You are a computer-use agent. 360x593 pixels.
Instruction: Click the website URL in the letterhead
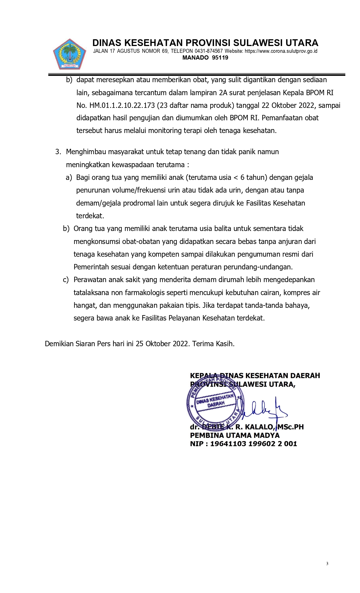(x=281, y=51)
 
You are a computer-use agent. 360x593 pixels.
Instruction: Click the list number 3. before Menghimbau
(x=58, y=152)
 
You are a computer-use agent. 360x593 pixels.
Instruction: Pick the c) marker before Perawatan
(x=66, y=280)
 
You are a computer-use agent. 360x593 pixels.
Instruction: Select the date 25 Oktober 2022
(x=162, y=344)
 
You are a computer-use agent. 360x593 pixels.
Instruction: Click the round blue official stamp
(x=215, y=404)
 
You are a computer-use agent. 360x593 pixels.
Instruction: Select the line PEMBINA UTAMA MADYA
(x=235, y=435)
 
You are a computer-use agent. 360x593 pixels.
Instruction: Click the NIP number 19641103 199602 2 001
(x=254, y=444)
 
